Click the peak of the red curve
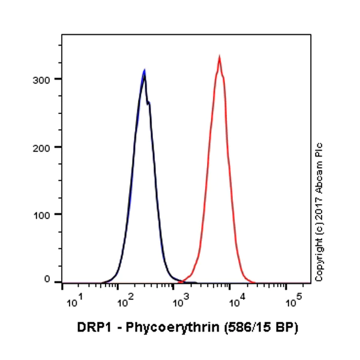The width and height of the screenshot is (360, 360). [x=220, y=57]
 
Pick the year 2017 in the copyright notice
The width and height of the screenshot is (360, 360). [x=319, y=210]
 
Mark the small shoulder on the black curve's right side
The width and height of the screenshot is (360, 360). [x=149, y=104]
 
